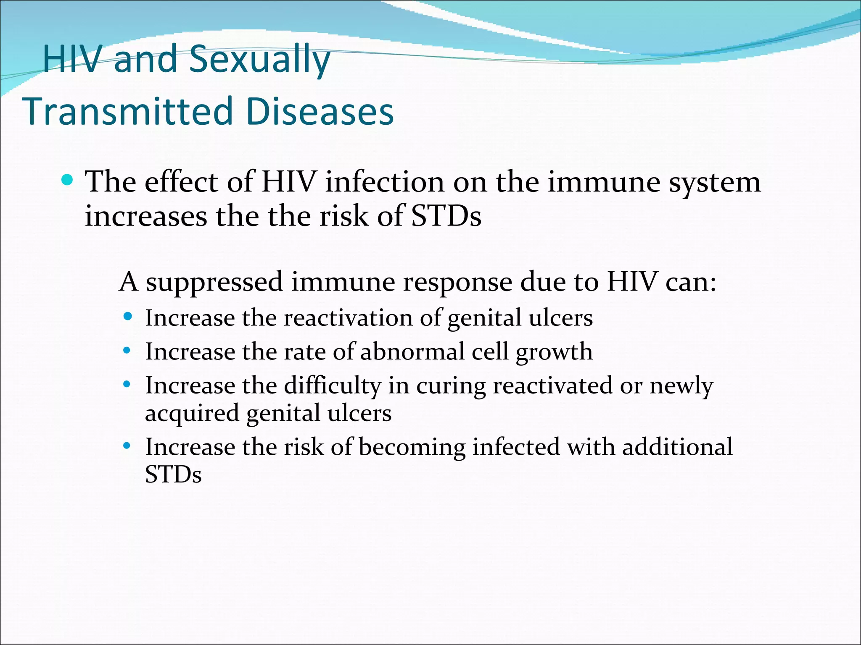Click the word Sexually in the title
[x=259, y=60]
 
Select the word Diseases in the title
[x=320, y=112]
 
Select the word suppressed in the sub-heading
[x=214, y=283]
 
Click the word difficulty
[x=332, y=386]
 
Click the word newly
[x=681, y=386]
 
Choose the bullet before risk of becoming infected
[x=127, y=445]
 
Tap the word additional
[x=677, y=446]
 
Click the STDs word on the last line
[x=173, y=475]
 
